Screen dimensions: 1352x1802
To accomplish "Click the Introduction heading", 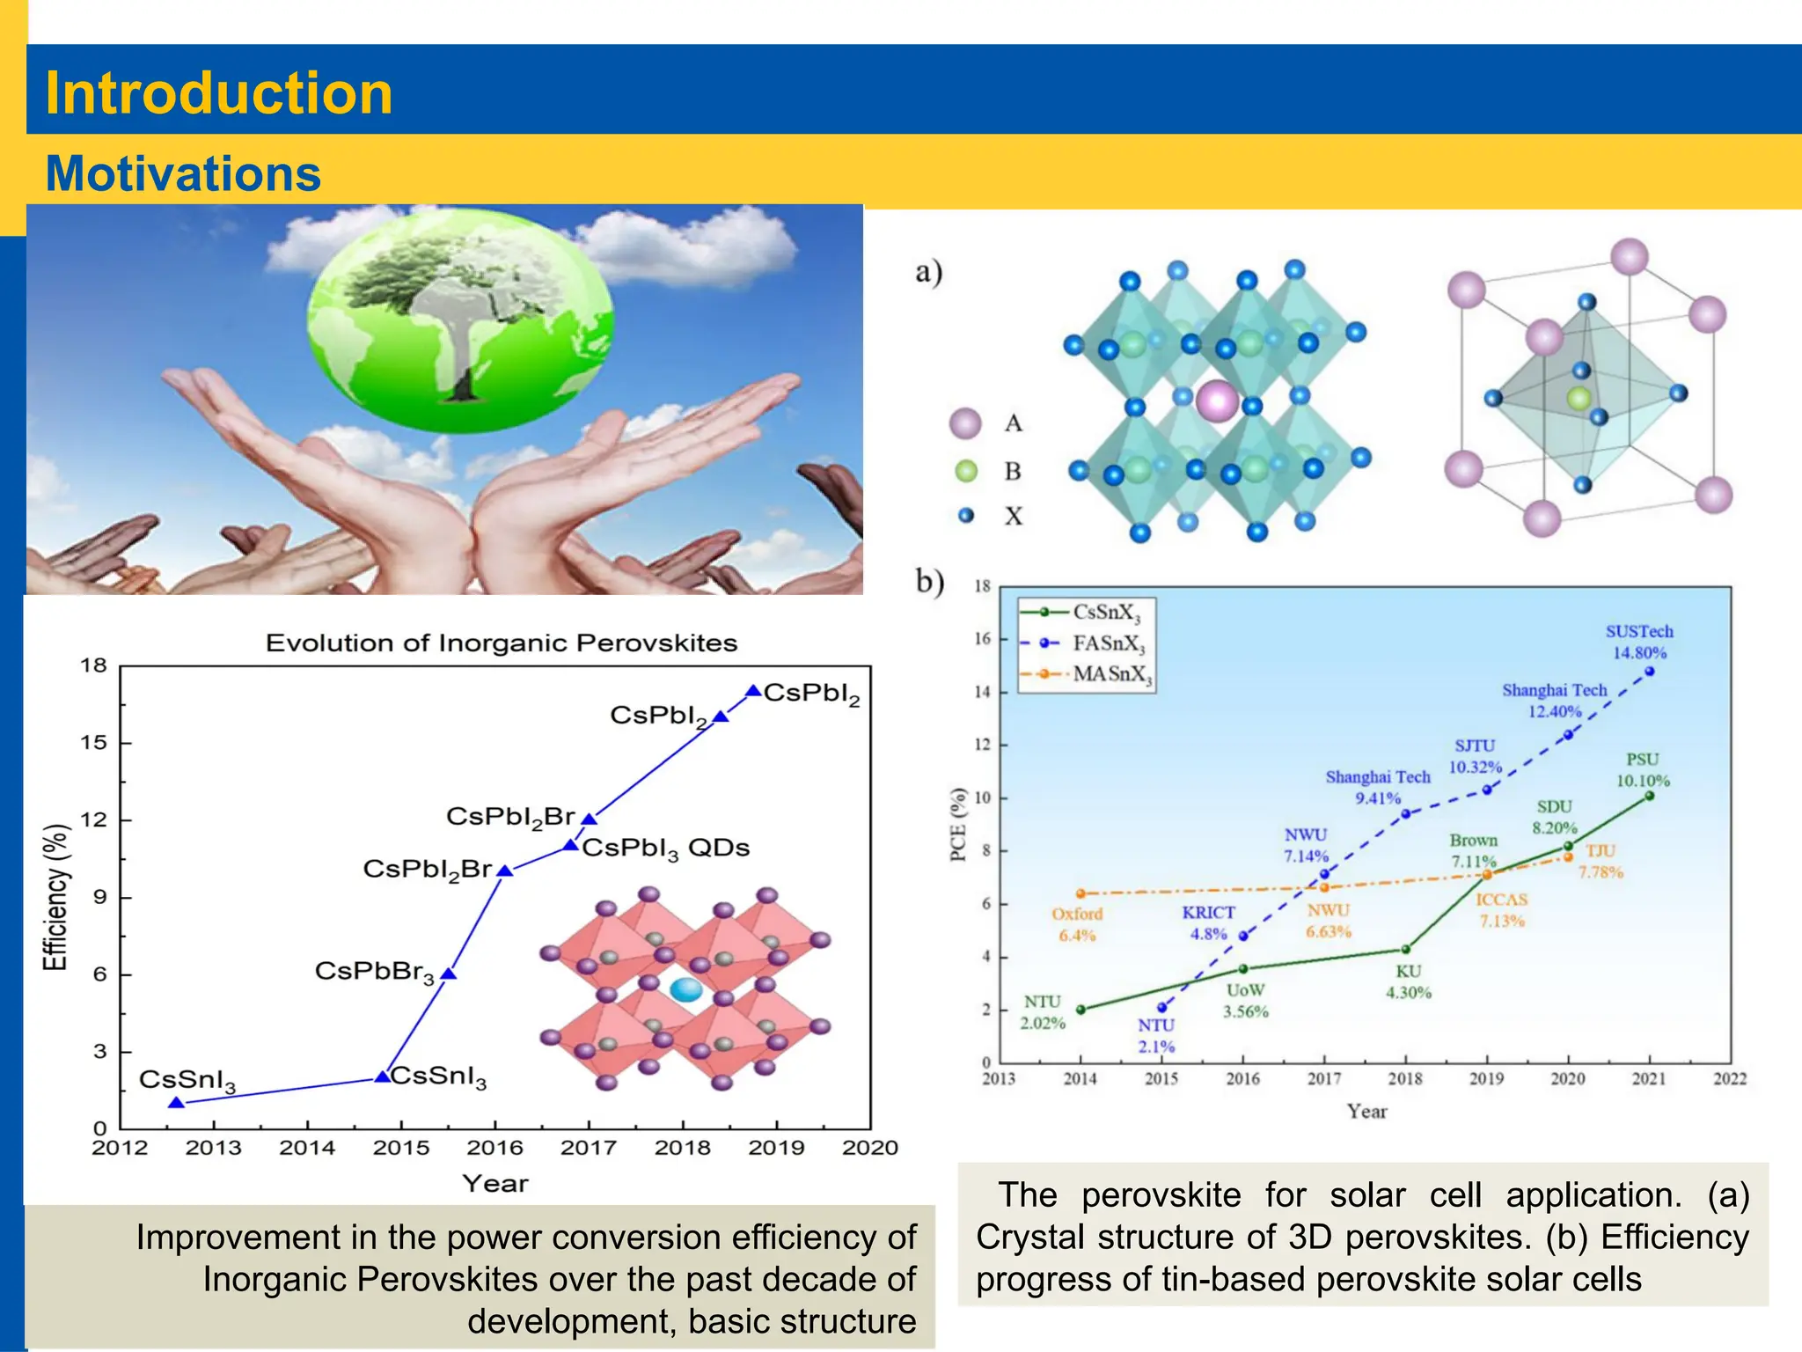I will pyautogui.click(x=218, y=93).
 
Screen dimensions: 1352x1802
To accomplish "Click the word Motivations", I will pyautogui.click(x=183, y=173).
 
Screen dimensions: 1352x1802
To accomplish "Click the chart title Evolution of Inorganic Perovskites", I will pyautogui.click(x=501, y=643).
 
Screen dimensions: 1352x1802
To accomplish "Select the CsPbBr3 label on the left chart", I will pyautogui.click(x=375, y=972).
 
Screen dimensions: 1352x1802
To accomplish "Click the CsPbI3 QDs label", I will pyautogui.click(x=666, y=849).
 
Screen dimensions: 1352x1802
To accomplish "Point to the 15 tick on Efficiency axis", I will pyautogui.click(x=93, y=743).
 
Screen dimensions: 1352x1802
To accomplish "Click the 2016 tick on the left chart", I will pyautogui.click(x=494, y=1148).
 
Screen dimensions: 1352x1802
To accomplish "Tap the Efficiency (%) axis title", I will pyautogui.click(x=55, y=897).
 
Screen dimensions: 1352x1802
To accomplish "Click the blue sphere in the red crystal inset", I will pyautogui.click(x=685, y=990).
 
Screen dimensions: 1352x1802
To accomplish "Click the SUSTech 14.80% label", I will pyautogui.click(x=1638, y=642).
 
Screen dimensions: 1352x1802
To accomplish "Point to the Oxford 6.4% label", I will pyautogui.click(x=1076, y=924).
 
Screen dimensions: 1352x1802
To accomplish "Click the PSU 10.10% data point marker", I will pyautogui.click(x=1649, y=796).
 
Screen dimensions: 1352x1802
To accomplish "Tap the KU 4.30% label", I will pyautogui.click(x=1408, y=981).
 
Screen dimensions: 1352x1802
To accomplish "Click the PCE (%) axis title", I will pyautogui.click(x=958, y=824).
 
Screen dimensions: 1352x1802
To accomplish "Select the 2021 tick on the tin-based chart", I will pyautogui.click(x=1648, y=1079).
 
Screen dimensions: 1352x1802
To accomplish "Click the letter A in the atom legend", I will pyautogui.click(x=1014, y=424).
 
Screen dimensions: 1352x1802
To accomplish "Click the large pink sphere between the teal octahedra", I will pyautogui.click(x=1218, y=401).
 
